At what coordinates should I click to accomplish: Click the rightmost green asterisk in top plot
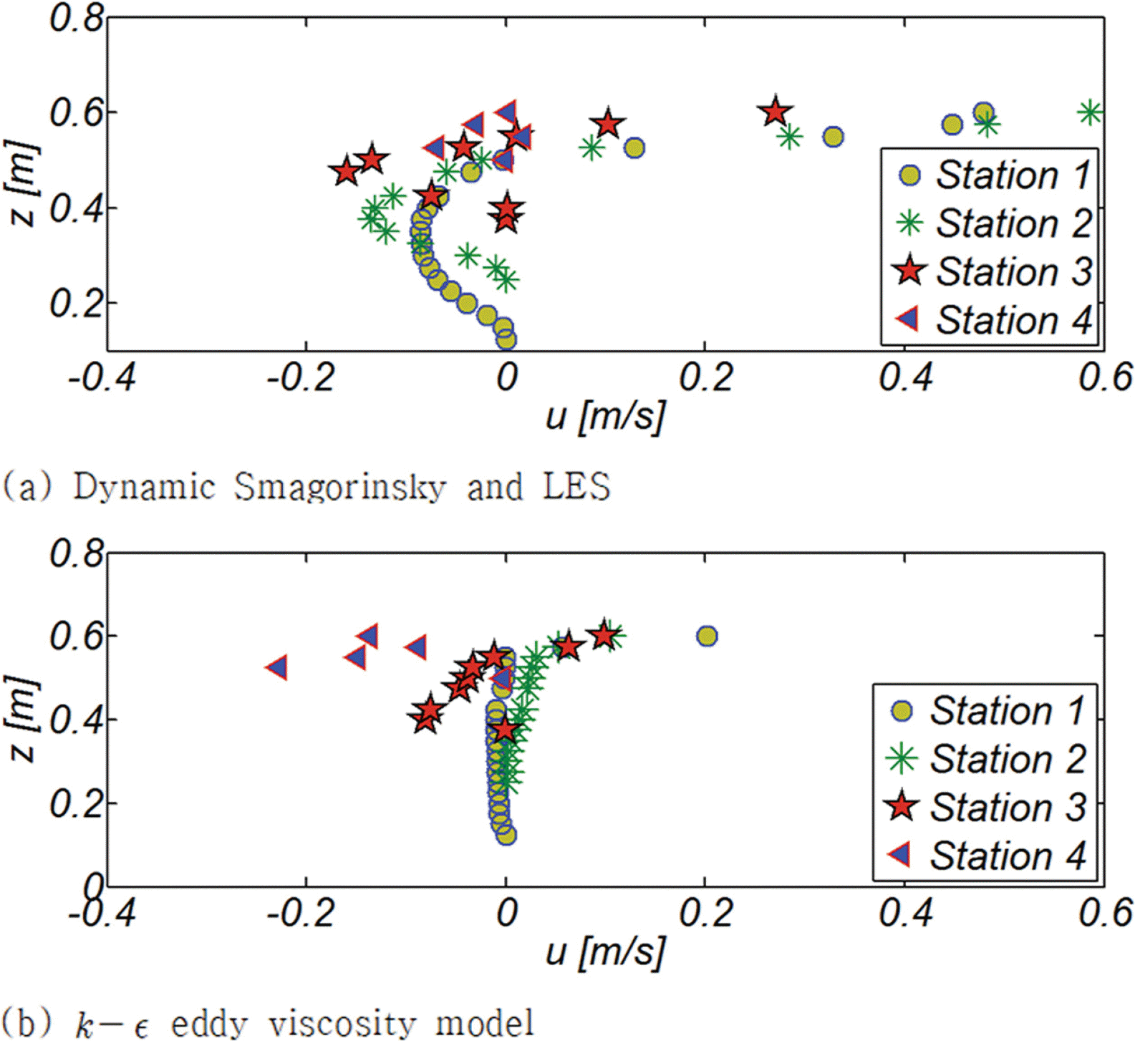pos(1090,112)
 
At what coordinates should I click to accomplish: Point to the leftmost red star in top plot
pos(347,172)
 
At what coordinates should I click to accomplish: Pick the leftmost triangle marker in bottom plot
pos(277,667)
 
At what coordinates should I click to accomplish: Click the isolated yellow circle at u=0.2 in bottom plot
pos(707,636)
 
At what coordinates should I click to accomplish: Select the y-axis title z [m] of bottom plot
pos(23,719)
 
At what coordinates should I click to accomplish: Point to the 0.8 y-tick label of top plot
pos(77,18)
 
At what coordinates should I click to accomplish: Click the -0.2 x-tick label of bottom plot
pos(301,914)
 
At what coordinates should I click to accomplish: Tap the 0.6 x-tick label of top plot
pos(1105,377)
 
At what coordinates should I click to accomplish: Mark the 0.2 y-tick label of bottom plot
pos(77,803)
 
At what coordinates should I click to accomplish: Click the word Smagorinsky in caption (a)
pos(339,487)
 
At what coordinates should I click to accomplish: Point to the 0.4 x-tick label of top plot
pos(906,377)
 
